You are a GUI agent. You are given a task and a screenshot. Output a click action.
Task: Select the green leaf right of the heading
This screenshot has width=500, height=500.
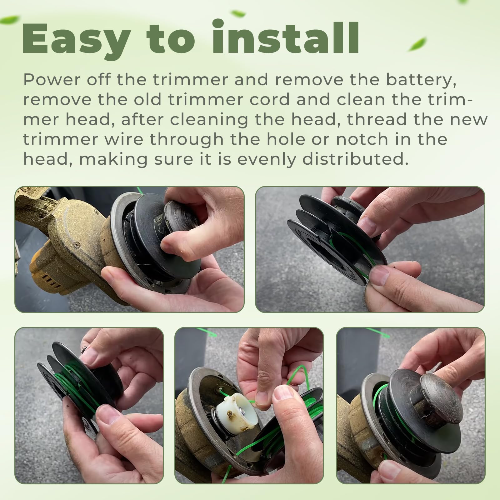point(417,45)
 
